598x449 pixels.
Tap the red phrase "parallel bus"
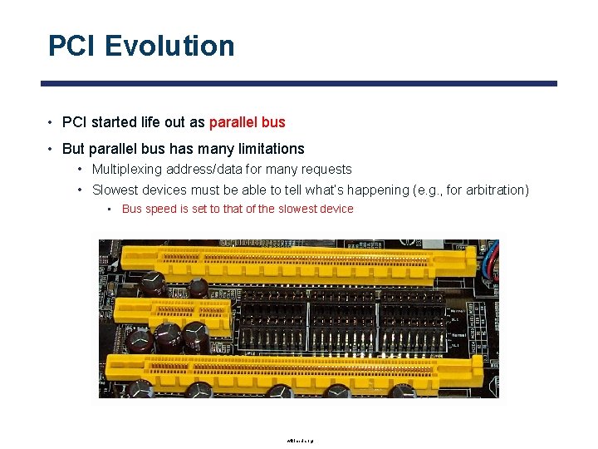pos(247,122)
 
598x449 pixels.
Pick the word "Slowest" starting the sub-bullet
pos(115,190)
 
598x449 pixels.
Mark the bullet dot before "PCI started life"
pos(51,122)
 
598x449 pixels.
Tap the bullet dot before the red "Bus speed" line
pos(110,209)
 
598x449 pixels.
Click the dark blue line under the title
pos(299,83)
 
